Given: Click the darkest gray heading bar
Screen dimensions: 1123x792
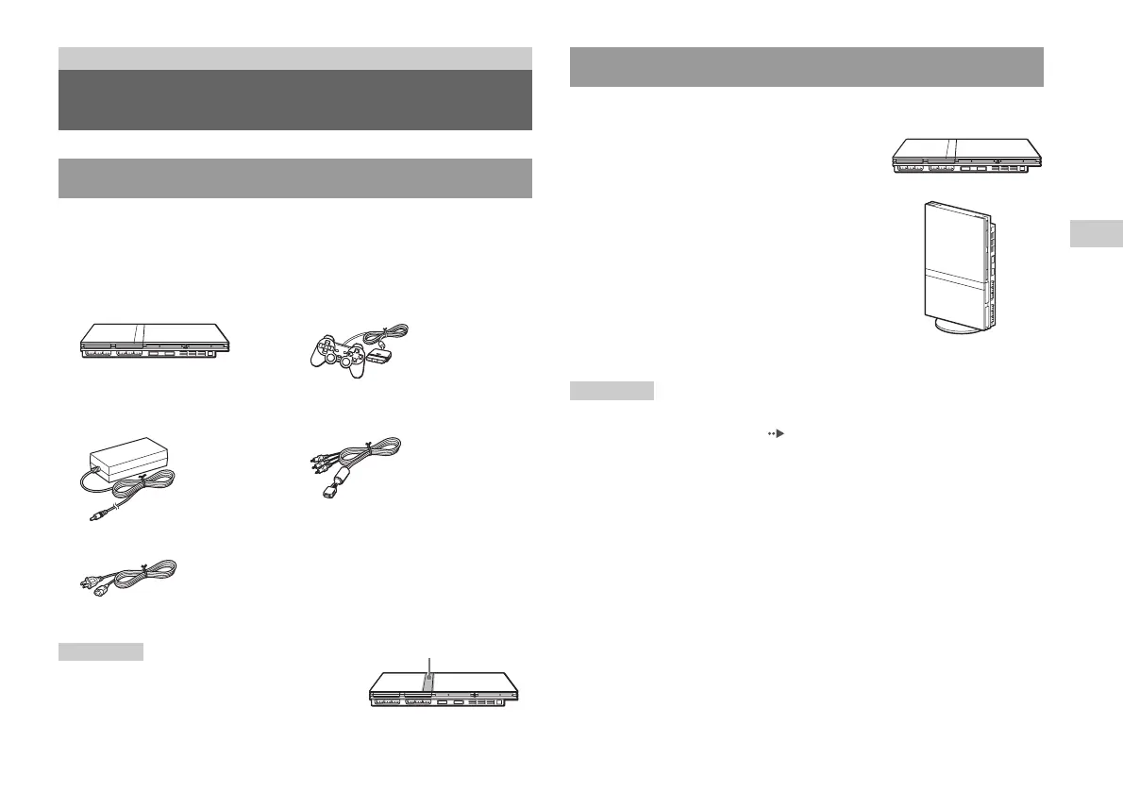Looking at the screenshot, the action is click(294, 100).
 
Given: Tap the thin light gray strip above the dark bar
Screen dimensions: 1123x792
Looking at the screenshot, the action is click(294, 58).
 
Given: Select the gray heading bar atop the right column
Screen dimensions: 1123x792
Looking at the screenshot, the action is click(807, 66).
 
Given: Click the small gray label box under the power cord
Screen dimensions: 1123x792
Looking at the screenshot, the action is click(101, 651).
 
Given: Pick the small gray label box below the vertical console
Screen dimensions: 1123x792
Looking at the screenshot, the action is click(612, 390).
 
